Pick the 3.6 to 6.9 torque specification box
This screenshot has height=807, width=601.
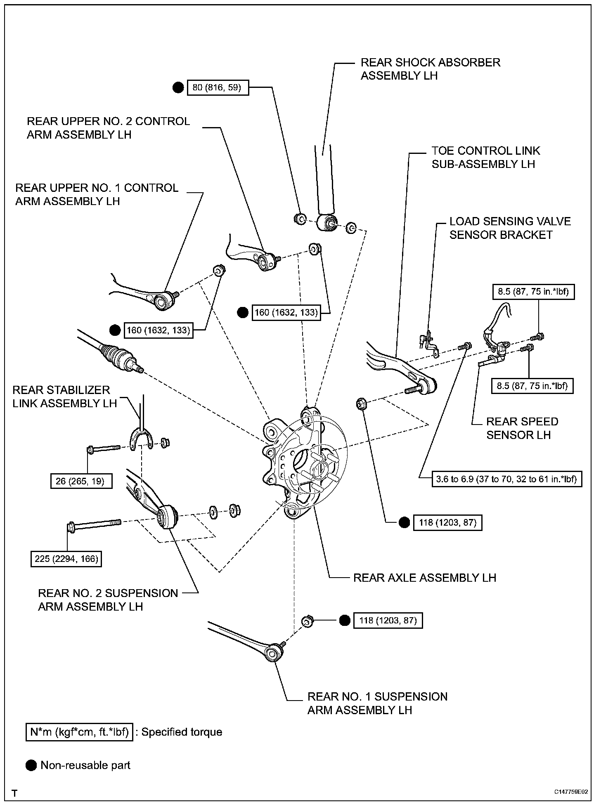coord(506,479)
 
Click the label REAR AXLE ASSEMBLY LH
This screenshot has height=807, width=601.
coord(424,578)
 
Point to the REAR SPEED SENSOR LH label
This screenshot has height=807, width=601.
coord(522,428)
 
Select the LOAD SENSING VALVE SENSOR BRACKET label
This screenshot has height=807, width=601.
coord(510,228)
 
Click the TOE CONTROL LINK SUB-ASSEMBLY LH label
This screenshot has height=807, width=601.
coord(485,158)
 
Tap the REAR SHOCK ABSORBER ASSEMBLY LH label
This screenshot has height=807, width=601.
coord(430,69)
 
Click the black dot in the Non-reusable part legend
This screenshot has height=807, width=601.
coord(31,765)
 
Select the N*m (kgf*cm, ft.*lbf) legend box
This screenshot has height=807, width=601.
coord(79,732)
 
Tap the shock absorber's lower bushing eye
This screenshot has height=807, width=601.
coord(329,223)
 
